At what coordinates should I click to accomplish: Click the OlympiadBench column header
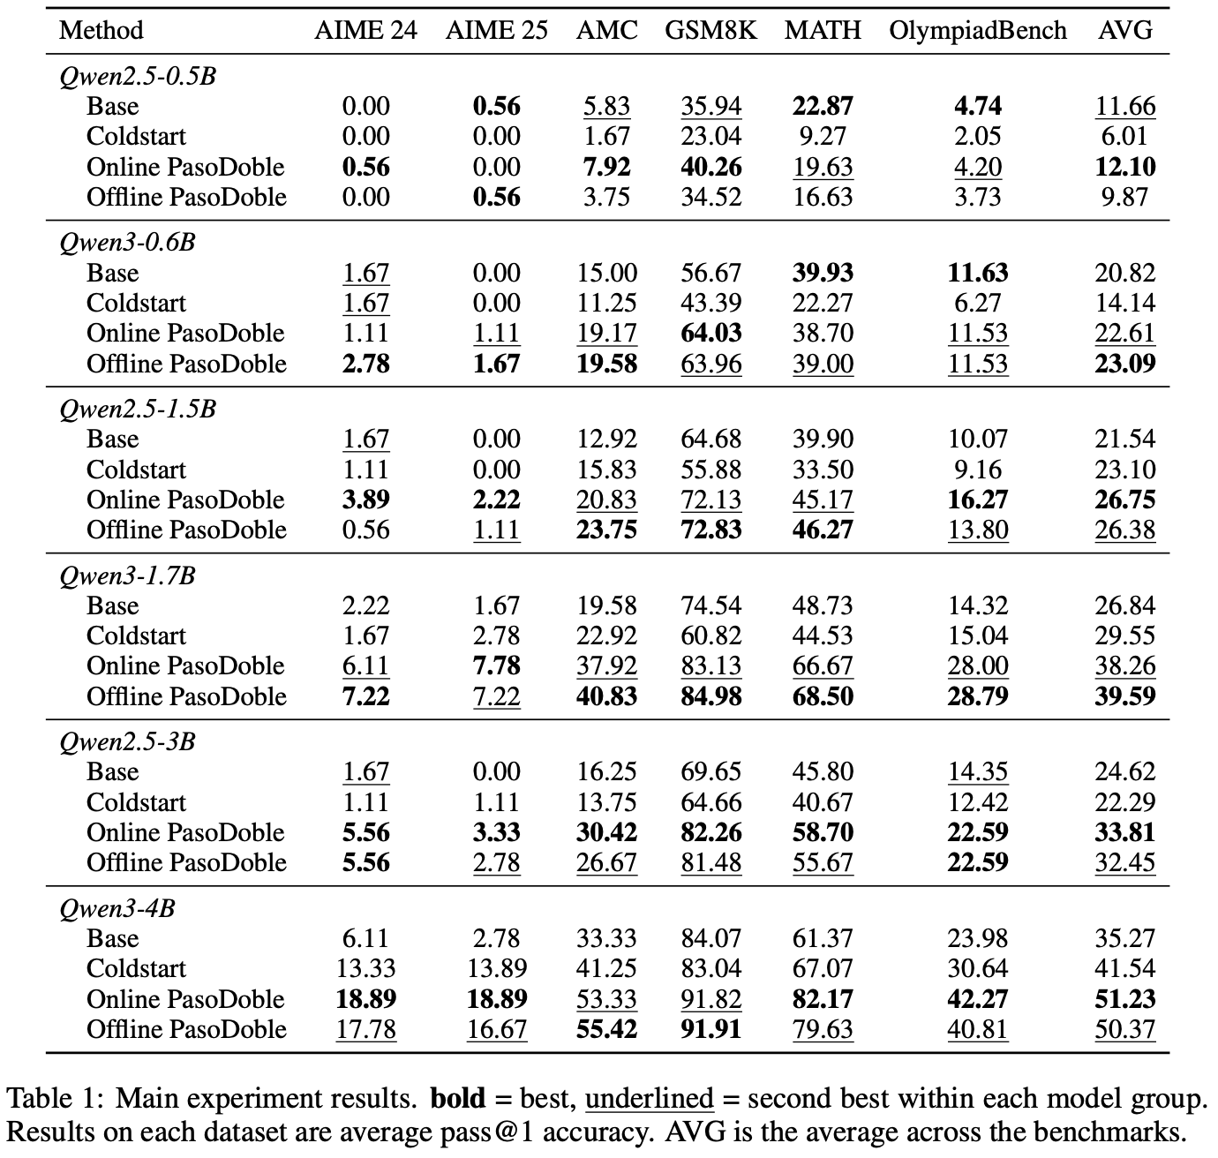pyautogui.click(x=977, y=30)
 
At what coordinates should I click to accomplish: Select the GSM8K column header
pyautogui.click(x=710, y=30)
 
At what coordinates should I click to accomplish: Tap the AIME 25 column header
pyautogui.click(x=496, y=30)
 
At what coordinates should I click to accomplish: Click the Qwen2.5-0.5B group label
pyautogui.click(x=138, y=76)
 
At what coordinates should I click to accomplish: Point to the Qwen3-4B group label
pyautogui.click(x=117, y=908)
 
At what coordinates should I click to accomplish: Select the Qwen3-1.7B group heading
pyautogui.click(x=127, y=575)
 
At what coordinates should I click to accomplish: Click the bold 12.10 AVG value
pyautogui.click(x=1124, y=167)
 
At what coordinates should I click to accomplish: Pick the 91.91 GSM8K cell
pyautogui.click(x=710, y=1029)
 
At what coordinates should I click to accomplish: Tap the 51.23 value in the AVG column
pyautogui.click(x=1124, y=999)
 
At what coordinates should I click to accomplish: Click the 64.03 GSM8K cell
pyautogui.click(x=710, y=334)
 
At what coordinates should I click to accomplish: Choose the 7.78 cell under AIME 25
pyautogui.click(x=496, y=665)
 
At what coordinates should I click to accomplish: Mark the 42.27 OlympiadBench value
pyautogui.click(x=977, y=999)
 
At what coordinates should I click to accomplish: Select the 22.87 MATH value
pyautogui.click(x=823, y=106)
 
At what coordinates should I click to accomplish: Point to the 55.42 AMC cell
pyautogui.click(x=606, y=1029)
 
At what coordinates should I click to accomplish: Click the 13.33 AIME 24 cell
pyautogui.click(x=365, y=968)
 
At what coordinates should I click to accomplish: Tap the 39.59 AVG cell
pyautogui.click(x=1124, y=696)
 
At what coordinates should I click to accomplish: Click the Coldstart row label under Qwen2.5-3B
pyautogui.click(x=136, y=802)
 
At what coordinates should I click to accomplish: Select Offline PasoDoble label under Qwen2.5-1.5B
pyautogui.click(x=186, y=530)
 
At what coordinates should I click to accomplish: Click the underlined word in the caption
pyautogui.click(x=649, y=1099)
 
